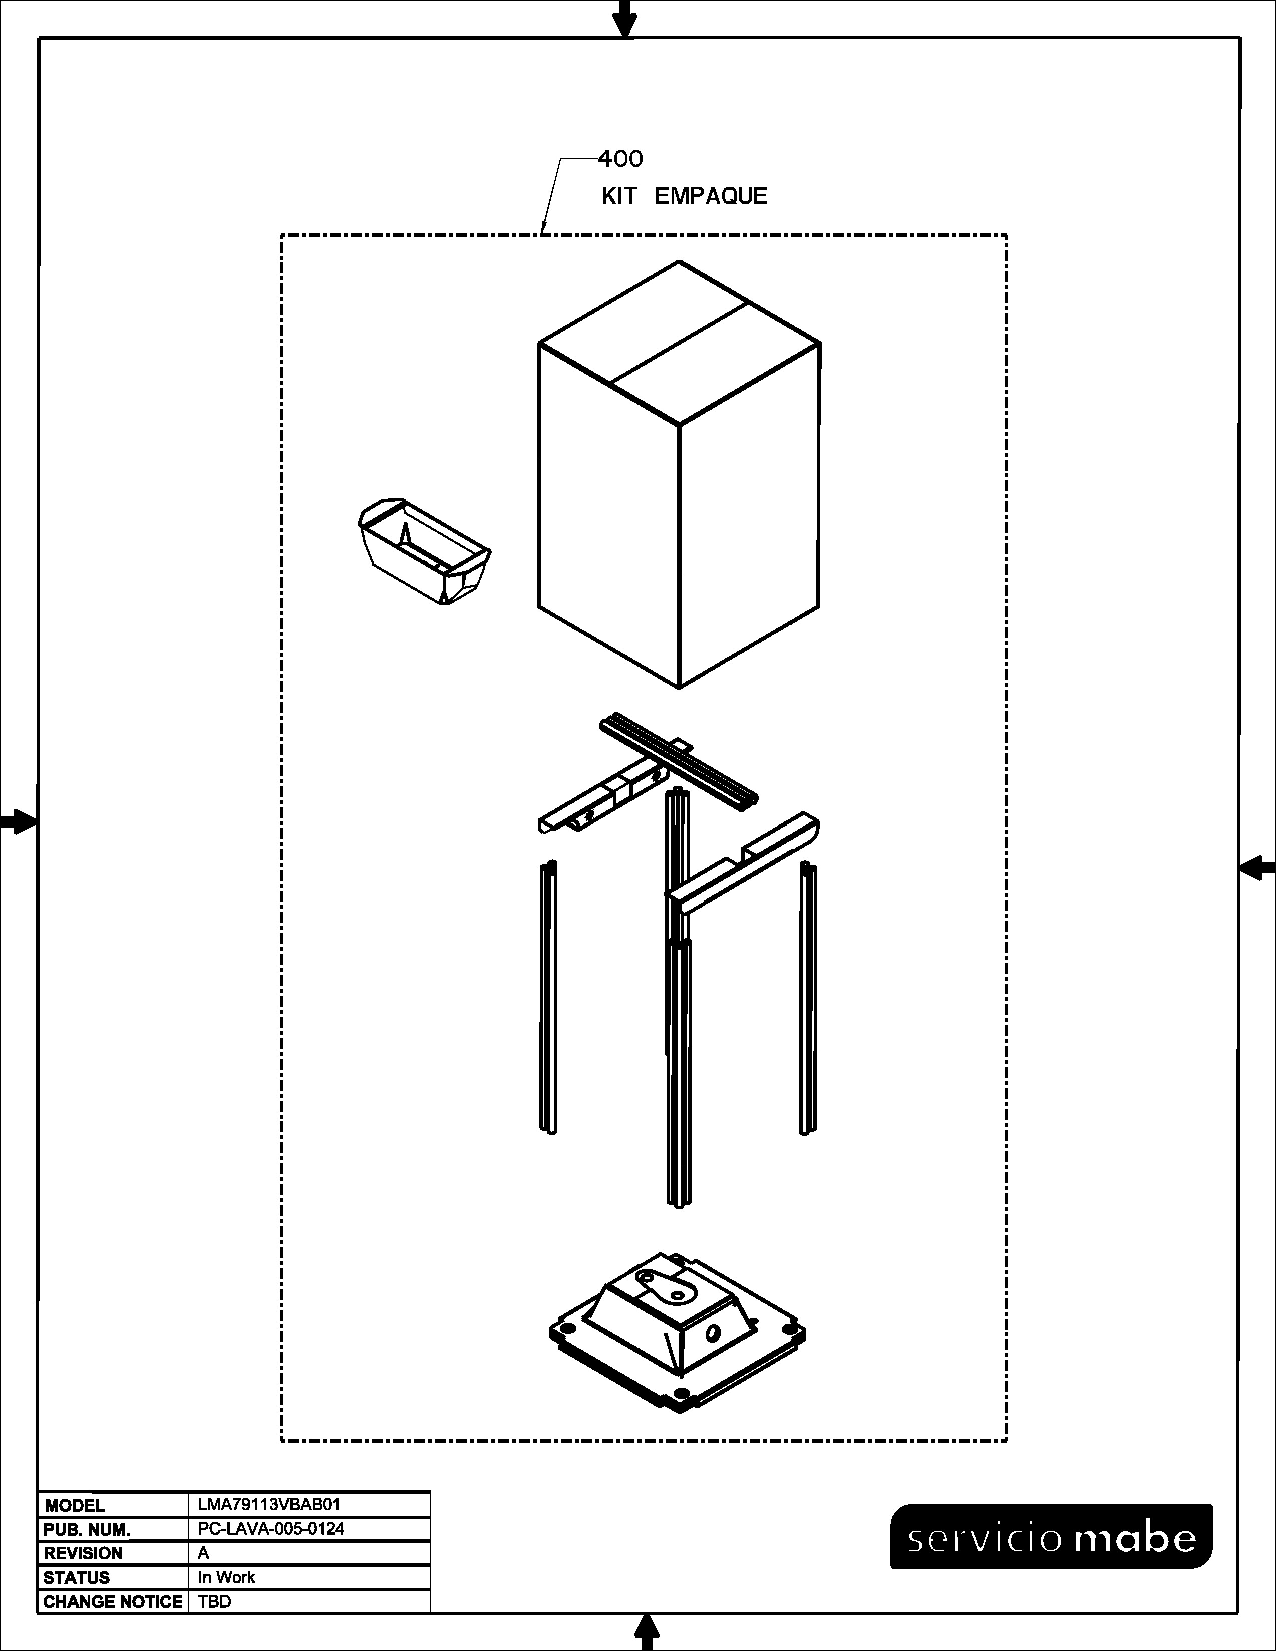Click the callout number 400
pyautogui.click(x=620, y=159)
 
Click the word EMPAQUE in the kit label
pyautogui.click(x=711, y=197)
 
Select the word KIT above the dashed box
pyautogui.click(x=619, y=197)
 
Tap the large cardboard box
pyautogui.click(x=679, y=475)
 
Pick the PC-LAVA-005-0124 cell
pyautogui.click(x=271, y=1528)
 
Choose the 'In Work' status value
pyautogui.click(x=226, y=1577)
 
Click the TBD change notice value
pyautogui.click(x=214, y=1602)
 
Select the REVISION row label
pyautogui.click(x=83, y=1553)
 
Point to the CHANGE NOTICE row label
pyautogui.click(x=113, y=1602)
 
